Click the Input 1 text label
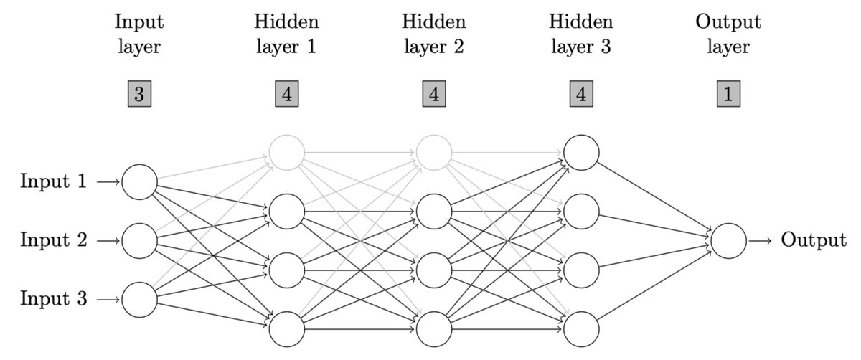(x=54, y=182)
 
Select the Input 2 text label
(x=54, y=240)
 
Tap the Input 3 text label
(x=54, y=298)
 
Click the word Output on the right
(x=813, y=240)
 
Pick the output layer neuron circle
(x=728, y=241)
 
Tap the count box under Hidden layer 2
(x=433, y=95)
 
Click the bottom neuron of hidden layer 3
(x=581, y=329)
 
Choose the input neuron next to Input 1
(x=138, y=182)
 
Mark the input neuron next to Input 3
(x=138, y=299)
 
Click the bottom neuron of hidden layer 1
(x=286, y=329)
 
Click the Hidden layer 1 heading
(x=286, y=34)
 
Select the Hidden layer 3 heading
(x=581, y=34)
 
